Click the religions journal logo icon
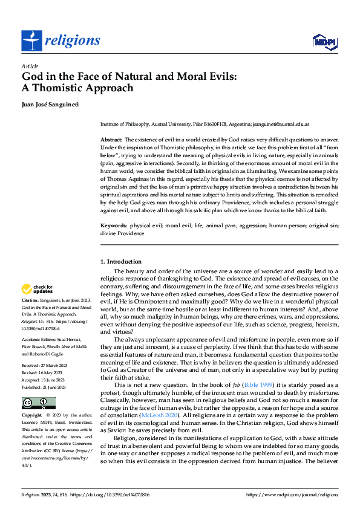(31, 41)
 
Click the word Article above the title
(30, 66)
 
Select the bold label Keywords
(114, 225)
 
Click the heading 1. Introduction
(120, 262)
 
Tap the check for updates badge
(38, 289)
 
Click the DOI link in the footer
(120, 493)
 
